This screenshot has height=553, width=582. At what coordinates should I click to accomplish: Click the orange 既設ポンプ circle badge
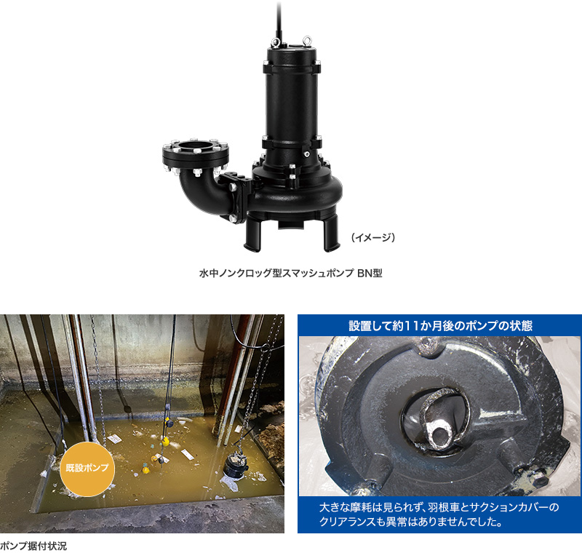click(x=87, y=469)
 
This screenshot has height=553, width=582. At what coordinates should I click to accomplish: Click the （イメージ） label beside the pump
click(x=373, y=237)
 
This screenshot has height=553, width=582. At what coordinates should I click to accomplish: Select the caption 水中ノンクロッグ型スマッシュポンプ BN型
click(x=290, y=273)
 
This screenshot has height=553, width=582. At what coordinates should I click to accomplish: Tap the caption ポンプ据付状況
click(x=33, y=546)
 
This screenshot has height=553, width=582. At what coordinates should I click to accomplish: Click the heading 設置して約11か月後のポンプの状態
click(x=441, y=325)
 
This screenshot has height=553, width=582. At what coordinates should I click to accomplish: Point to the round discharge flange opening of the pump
click(x=196, y=145)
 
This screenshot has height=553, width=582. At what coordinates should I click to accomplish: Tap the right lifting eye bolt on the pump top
click(x=307, y=40)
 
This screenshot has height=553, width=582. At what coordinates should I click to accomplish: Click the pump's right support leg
click(x=332, y=233)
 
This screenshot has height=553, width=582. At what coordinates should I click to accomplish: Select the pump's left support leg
click(x=252, y=234)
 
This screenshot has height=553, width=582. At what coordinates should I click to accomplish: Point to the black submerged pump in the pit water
click(x=235, y=465)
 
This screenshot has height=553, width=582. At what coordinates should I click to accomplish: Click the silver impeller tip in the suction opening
click(x=441, y=432)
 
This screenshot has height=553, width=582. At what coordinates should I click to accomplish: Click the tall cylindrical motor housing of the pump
click(x=292, y=100)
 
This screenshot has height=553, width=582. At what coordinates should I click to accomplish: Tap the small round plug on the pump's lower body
click(x=306, y=154)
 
